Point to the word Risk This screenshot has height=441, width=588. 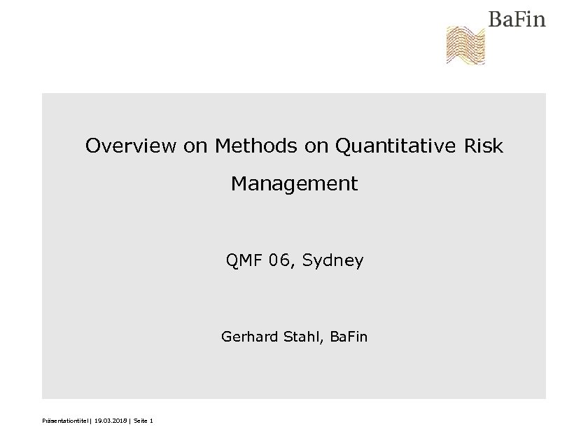tap(484, 146)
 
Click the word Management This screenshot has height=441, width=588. tap(294, 184)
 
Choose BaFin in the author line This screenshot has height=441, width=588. tap(349, 337)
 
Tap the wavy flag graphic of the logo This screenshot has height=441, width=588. tap(466, 45)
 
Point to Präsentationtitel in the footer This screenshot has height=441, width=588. tap(66, 421)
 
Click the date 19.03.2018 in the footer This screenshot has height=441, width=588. tap(110, 421)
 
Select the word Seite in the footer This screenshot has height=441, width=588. tap(140, 421)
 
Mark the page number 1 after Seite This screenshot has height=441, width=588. tap(151, 421)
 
